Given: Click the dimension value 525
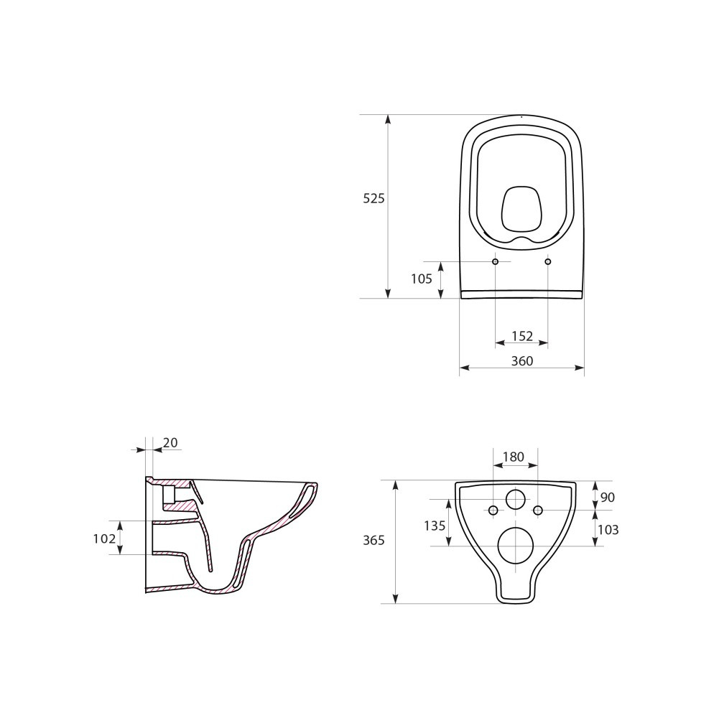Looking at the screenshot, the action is [x=374, y=199].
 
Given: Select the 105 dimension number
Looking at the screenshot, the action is [x=422, y=279].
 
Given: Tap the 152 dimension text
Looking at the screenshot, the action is [x=521, y=336].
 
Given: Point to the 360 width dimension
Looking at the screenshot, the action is [x=521, y=361].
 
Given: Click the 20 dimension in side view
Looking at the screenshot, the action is [x=170, y=442].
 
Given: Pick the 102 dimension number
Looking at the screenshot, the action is [x=105, y=538].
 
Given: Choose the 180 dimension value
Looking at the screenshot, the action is [x=513, y=457].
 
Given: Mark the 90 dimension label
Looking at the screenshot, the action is [x=607, y=497].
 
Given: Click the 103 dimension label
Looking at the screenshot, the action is [x=608, y=530].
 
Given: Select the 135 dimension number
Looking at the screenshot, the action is [x=435, y=526].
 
